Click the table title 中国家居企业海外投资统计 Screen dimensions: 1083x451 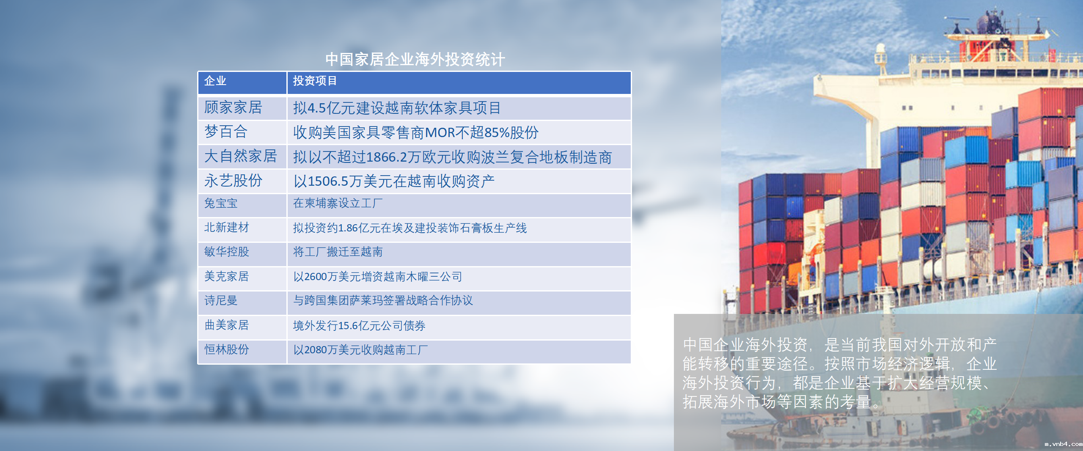point(415,59)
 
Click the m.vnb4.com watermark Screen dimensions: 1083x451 point(1063,444)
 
